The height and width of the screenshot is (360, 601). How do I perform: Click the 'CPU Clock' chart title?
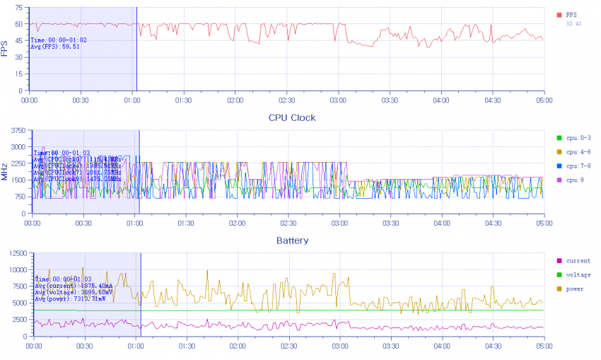[x=291, y=117]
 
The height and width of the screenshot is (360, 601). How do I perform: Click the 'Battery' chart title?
[x=292, y=240]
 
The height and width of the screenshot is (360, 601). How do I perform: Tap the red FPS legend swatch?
[x=559, y=14]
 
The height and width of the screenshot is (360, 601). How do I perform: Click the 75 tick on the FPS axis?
[x=19, y=7]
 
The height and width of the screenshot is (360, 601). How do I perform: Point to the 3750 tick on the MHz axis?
[x=17, y=130]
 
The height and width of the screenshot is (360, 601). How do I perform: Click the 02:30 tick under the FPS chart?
[x=286, y=100]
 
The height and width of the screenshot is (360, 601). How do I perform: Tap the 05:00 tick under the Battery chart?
[x=543, y=347]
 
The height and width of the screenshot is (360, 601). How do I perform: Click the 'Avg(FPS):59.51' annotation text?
[x=54, y=47]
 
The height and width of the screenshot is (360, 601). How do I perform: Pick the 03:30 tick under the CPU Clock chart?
[x=390, y=223]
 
